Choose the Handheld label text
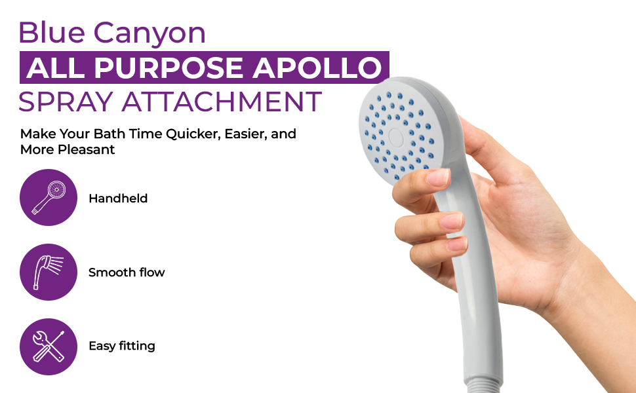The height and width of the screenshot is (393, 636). coord(118,198)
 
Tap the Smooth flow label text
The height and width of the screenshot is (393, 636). coord(127,272)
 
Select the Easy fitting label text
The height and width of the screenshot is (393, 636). coord(122,346)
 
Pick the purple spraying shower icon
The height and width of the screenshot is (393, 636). coord(49,272)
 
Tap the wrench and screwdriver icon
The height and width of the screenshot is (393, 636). coord(49,346)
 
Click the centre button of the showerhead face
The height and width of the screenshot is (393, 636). coord(396,136)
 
